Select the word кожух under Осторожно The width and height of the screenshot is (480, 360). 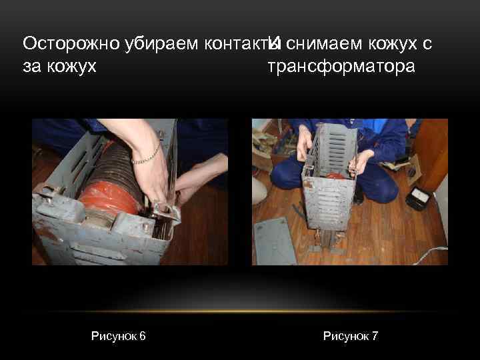coord(71,67)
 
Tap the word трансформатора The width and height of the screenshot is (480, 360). coord(341,67)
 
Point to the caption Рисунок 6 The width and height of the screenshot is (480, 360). coord(119,336)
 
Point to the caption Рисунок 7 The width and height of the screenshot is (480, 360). coord(351,336)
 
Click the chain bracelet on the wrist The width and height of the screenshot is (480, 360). coord(145,157)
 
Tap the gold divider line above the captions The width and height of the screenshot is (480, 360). coord(240,311)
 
